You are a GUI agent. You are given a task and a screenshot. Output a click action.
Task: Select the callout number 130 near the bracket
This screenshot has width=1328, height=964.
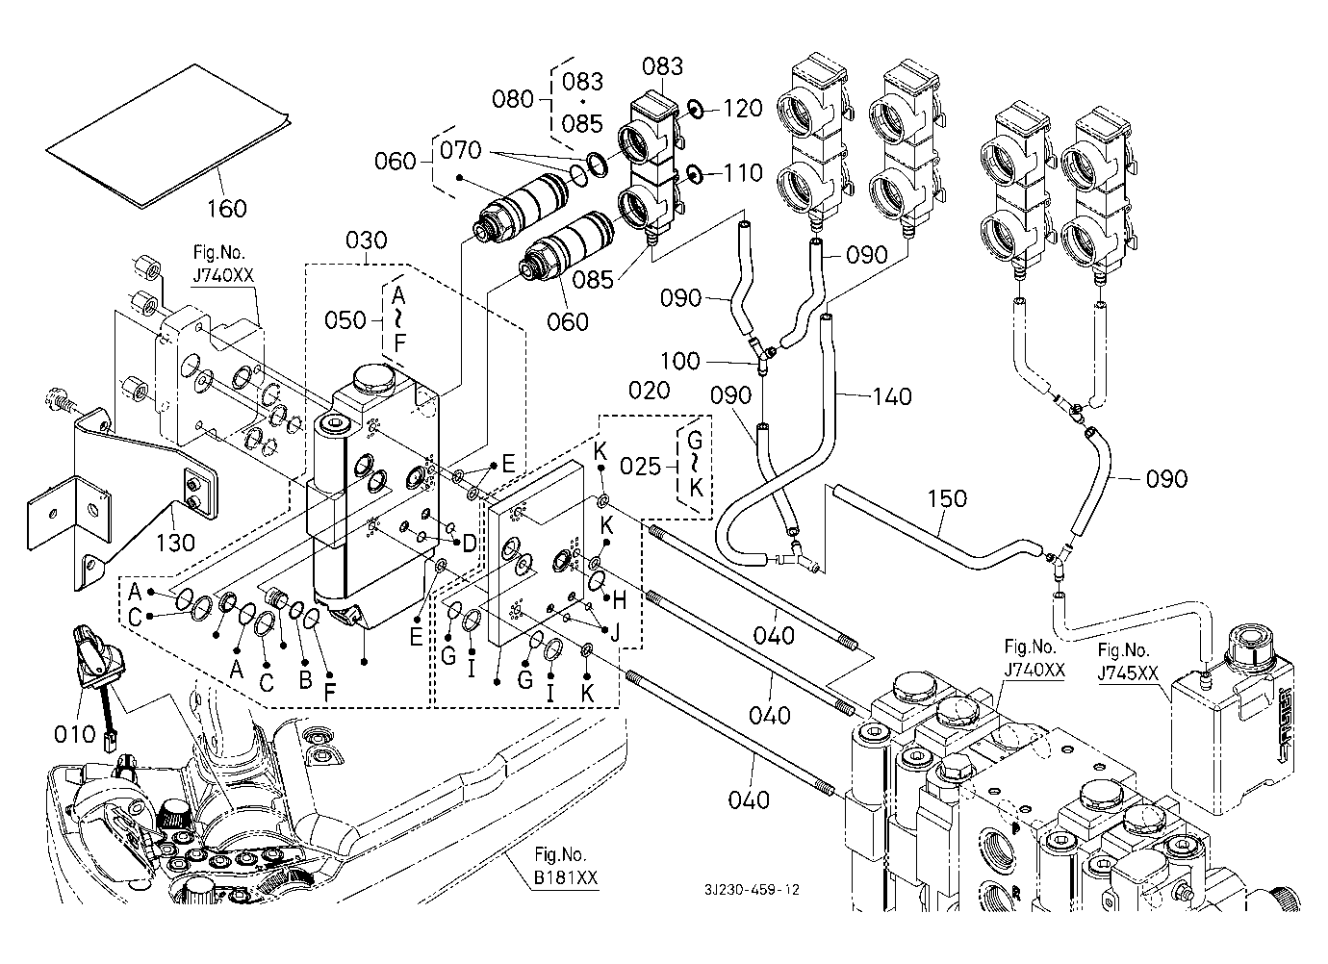pyautogui.click(x=174, y=542)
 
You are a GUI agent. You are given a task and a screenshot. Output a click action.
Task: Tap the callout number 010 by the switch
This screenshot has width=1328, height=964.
pyautogui.click(x=75, y=735)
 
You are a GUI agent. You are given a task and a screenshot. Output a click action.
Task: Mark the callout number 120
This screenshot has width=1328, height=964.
pyautogui.click(x=742, y=109)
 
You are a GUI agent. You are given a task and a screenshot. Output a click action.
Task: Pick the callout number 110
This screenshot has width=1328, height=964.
pyautogui.click(x=742, y=173)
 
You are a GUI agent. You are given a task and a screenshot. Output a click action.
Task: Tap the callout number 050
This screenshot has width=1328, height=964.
pyautogui.click(x=344, y=318)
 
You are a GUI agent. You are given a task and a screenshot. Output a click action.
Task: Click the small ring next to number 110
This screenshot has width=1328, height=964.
pyautogui.click(x=693, y=174)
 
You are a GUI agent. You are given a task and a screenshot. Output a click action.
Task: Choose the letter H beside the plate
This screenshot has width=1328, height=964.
pyautogui.click(x=619, y=600)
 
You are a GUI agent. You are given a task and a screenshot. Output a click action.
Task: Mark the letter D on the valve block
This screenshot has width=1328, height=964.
pyautogui.click(x=469, y=544)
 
